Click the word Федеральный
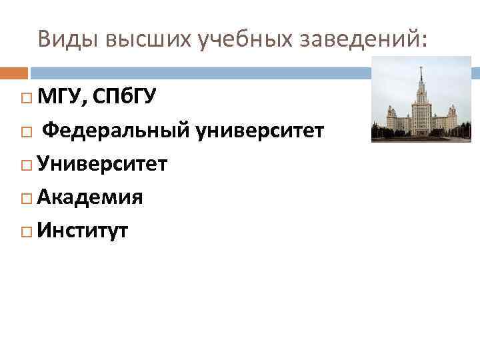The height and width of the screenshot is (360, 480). (117, 131)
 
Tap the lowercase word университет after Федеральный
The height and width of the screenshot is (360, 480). (261, 131)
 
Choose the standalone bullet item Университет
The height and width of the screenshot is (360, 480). (103, 164)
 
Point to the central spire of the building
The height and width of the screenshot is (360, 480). (421, 75)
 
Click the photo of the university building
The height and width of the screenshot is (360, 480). (421, 100)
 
